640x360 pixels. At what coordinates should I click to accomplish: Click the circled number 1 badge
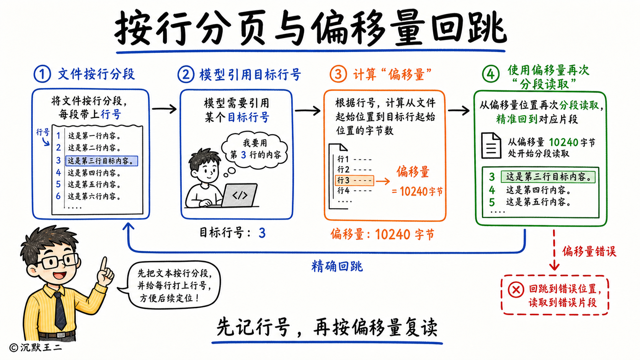point(42,74)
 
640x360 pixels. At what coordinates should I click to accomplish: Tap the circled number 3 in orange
point(338,74)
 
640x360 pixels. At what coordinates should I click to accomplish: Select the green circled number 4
point(491,74)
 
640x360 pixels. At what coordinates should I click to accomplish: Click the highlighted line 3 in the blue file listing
point(102,161)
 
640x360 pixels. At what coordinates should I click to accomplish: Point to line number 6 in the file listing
point(58,196)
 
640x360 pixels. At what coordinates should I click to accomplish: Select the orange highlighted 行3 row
point(354,181)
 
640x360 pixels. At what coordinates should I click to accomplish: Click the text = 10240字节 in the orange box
point(417,191)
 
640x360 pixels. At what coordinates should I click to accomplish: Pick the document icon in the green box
point(491,145)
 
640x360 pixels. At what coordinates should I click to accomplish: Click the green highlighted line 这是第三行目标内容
point(548,177)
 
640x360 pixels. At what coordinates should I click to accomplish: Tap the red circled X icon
point(516,290)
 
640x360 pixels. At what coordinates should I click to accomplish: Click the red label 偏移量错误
point(589,251)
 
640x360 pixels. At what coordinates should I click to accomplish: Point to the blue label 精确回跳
point(337,266)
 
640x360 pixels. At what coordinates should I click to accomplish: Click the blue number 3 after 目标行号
point(262,233)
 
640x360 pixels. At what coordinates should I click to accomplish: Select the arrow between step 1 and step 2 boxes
point(164,109)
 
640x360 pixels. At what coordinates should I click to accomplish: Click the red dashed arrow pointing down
point(554,250)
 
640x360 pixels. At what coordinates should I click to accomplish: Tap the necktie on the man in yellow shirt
point(60,311)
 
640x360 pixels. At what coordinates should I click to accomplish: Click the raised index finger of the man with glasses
point(104,264)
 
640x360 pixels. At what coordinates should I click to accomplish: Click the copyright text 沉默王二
point(41,348)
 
